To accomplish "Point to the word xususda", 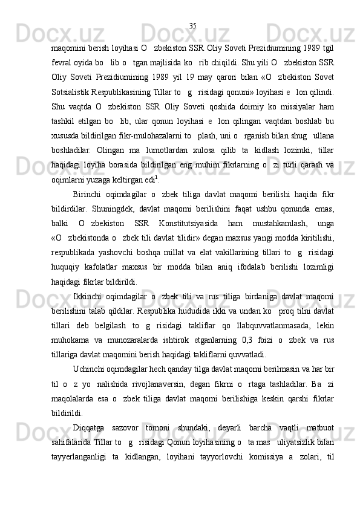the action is coord(65,148).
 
